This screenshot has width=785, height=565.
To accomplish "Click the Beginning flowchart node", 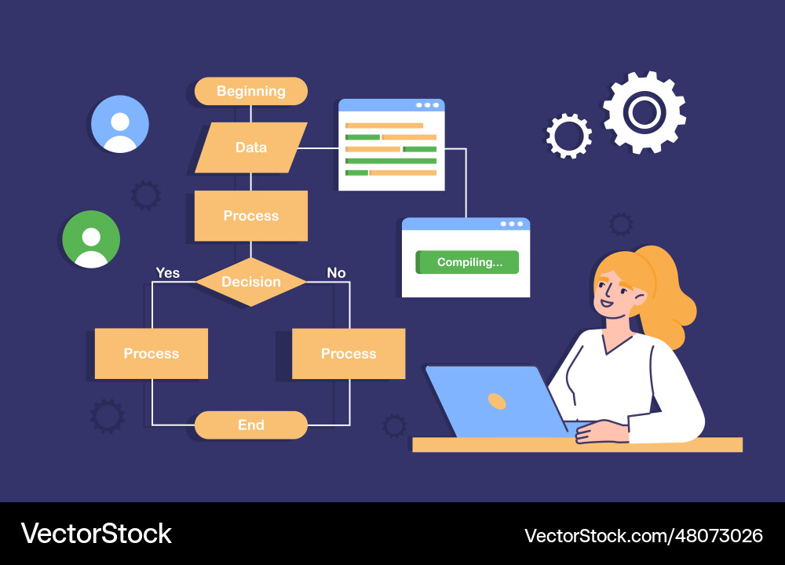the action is coord(251,91).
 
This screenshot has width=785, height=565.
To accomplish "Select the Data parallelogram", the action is coord(251,148).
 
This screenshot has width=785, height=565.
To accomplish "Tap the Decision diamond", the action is coord(251,282).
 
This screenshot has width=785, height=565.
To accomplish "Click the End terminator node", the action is coord(251,425).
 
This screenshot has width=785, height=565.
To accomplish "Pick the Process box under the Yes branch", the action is coord(152,353).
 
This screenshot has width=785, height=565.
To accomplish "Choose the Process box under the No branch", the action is coord(349,353).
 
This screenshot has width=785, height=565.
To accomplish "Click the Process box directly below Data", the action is coord(251,216).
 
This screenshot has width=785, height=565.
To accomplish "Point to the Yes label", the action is coord(168,273).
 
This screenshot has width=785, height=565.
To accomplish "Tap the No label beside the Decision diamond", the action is coord(337,273).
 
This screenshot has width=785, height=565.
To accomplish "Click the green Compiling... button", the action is coord(467,262).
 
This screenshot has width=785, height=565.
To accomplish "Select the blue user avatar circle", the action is coord(120,124).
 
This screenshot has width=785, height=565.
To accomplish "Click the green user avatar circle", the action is coord(91,239).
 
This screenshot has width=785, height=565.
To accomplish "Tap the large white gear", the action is coord(644,112).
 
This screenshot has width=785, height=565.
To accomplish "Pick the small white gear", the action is coord(568,136).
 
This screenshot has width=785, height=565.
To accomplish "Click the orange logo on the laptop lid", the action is coord(497,401).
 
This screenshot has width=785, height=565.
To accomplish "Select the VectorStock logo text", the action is coord(96,534).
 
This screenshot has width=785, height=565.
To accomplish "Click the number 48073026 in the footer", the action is coord(719,536).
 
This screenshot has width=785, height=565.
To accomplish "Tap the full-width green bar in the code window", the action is coord(391,161).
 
